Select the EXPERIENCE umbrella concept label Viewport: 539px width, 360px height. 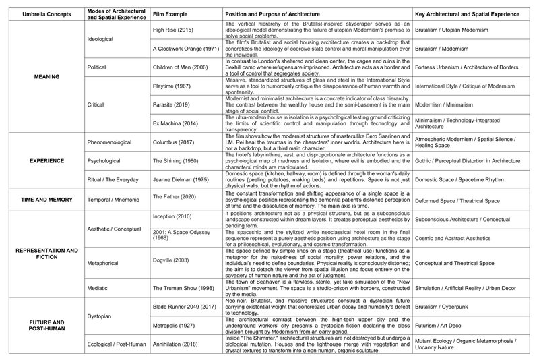click(42, 162)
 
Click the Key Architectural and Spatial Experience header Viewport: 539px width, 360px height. click(469, 13)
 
